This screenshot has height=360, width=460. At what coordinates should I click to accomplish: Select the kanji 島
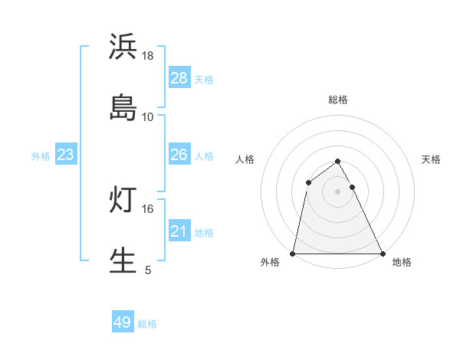point(123,107)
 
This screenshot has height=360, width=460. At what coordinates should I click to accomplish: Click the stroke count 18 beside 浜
point(148,56)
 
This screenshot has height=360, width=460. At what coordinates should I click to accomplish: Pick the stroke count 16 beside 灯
point(148,208)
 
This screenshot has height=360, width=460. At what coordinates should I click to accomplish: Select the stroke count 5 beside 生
point(148,270)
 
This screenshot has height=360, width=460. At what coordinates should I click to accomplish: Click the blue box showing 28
point(179,78)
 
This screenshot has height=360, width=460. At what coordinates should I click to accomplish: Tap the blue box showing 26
point(179,155)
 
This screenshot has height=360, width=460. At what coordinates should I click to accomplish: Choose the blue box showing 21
point(179,231)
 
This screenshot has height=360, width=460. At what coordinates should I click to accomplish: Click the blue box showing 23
point(66,155)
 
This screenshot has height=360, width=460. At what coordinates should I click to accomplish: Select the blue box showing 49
point(123,322)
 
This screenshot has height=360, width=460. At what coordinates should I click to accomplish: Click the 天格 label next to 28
point(204,80)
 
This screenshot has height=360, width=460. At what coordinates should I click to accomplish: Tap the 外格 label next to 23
point(41,156)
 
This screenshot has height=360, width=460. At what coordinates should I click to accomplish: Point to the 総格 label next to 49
point(147,324)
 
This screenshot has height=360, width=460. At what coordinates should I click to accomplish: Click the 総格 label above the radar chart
point(338,100)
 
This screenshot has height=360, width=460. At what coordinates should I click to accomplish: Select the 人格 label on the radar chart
point(245,159)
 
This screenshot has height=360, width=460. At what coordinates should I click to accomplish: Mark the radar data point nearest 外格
point(293,254)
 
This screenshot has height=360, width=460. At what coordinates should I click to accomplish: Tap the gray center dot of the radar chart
point(338,191)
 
